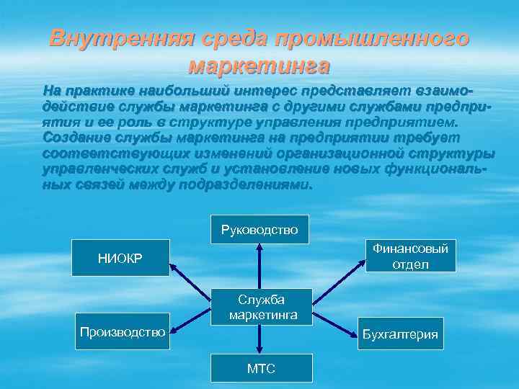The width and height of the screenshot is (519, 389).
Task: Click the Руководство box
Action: click(259, 230)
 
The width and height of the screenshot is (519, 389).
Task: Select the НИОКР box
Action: click(124, 258)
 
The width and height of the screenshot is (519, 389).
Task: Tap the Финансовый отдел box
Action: click(410, 256)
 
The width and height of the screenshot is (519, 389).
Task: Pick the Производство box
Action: click(123, 332)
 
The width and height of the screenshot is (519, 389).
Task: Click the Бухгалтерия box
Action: click(400, 335)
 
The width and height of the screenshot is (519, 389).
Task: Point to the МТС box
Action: click(261, 368)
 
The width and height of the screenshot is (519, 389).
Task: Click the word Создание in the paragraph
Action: click(75, 138)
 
